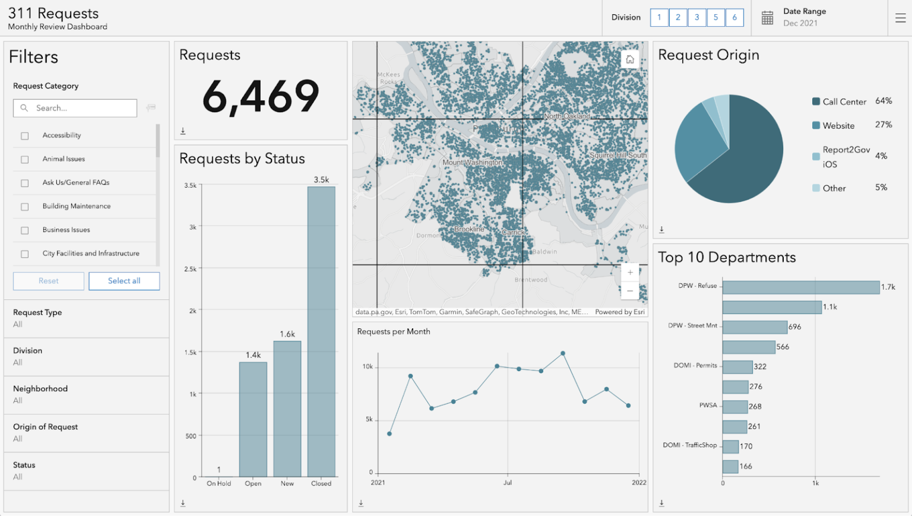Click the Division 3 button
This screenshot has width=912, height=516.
pyautogui.click(x=697, y=18)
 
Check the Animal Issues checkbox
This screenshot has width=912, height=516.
pyautogui.click(x=25, y=159)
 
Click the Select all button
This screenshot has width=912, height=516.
pyautogui.click(x=124, y=281)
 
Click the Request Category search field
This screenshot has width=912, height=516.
pyautogui.click(x=75, y=108)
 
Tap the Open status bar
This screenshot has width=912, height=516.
pyautogui.click(x=253, y=419)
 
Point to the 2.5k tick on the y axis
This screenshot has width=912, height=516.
pyautogui.click(x=191, y=269)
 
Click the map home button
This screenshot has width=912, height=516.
pyautogui.click(x=630, y=59)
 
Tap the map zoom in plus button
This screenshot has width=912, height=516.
pyautogui.click(x=630, y=273)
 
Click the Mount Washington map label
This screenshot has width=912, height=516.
pyautogui.click(x=473, y=163)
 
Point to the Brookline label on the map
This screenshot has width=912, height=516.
pyautogui.click(x=469, y=229)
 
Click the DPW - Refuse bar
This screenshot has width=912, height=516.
pyautogui.click(x=800, y=287)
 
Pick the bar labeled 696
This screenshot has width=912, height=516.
pyautogui.click(x=755, y=327)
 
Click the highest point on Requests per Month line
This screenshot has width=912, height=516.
pyautogui.click(x=563, y=353)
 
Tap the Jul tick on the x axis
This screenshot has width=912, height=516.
pyautogui.click(x=508, y=483)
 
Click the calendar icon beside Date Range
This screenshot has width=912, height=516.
pyautogui.click(x=767, y=18)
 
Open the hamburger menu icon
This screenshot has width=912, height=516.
pyautogui.click(x=900, y=18)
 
